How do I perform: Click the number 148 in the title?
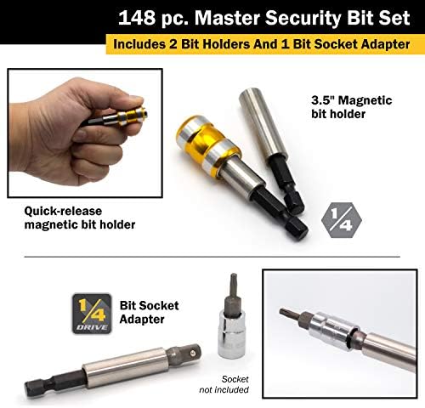(x=137, y=18)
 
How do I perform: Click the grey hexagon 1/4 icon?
(x=342, y=220)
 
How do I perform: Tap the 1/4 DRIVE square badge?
(x=92, y=314)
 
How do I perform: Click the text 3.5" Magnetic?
(x=352, y=100)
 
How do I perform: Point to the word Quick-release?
(x=63, y=211)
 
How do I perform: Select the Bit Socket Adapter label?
(x=149, y=312)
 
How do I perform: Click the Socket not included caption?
(x=224, y=384)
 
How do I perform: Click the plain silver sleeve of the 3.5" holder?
(x=262, y=124)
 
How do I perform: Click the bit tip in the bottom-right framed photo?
(x=288, y=314)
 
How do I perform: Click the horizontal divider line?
(x=212, y=257)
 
